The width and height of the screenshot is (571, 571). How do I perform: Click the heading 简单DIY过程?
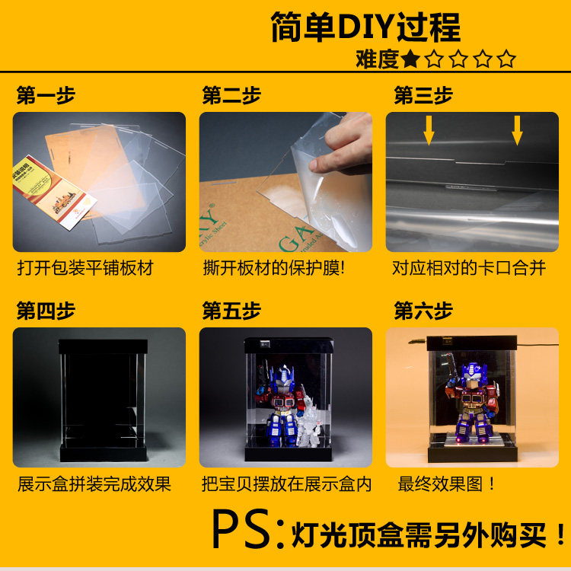tap(365, 27)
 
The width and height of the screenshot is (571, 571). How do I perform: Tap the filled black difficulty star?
tap(410, 59)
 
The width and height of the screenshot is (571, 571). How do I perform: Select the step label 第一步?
tap(46, 95)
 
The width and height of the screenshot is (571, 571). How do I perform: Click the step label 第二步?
tap(231, 95)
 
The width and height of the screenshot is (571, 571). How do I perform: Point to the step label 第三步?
tap(423, 95)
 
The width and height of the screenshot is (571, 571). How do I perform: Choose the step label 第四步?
tap(46, 311)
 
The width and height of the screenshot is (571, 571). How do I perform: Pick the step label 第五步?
tap(231, 311)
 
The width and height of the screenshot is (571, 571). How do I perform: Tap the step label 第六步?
tap(423, 311)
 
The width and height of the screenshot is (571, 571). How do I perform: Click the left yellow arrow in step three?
tap(429, 130)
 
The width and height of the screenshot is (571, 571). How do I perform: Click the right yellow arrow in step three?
tap(517, 130)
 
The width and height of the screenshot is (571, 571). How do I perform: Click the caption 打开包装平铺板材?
tap(85, 268)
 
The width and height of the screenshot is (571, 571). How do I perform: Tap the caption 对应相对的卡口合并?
tap(469, 268)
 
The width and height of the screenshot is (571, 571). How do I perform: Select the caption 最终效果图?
tap(446, 484)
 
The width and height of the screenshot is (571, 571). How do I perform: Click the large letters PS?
tap(241, 529)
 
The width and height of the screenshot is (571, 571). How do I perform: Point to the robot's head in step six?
tap(472, 374)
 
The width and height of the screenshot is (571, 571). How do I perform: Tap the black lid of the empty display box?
tap(104, 346)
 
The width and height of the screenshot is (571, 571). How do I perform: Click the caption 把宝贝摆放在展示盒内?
tap(286, 484)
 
